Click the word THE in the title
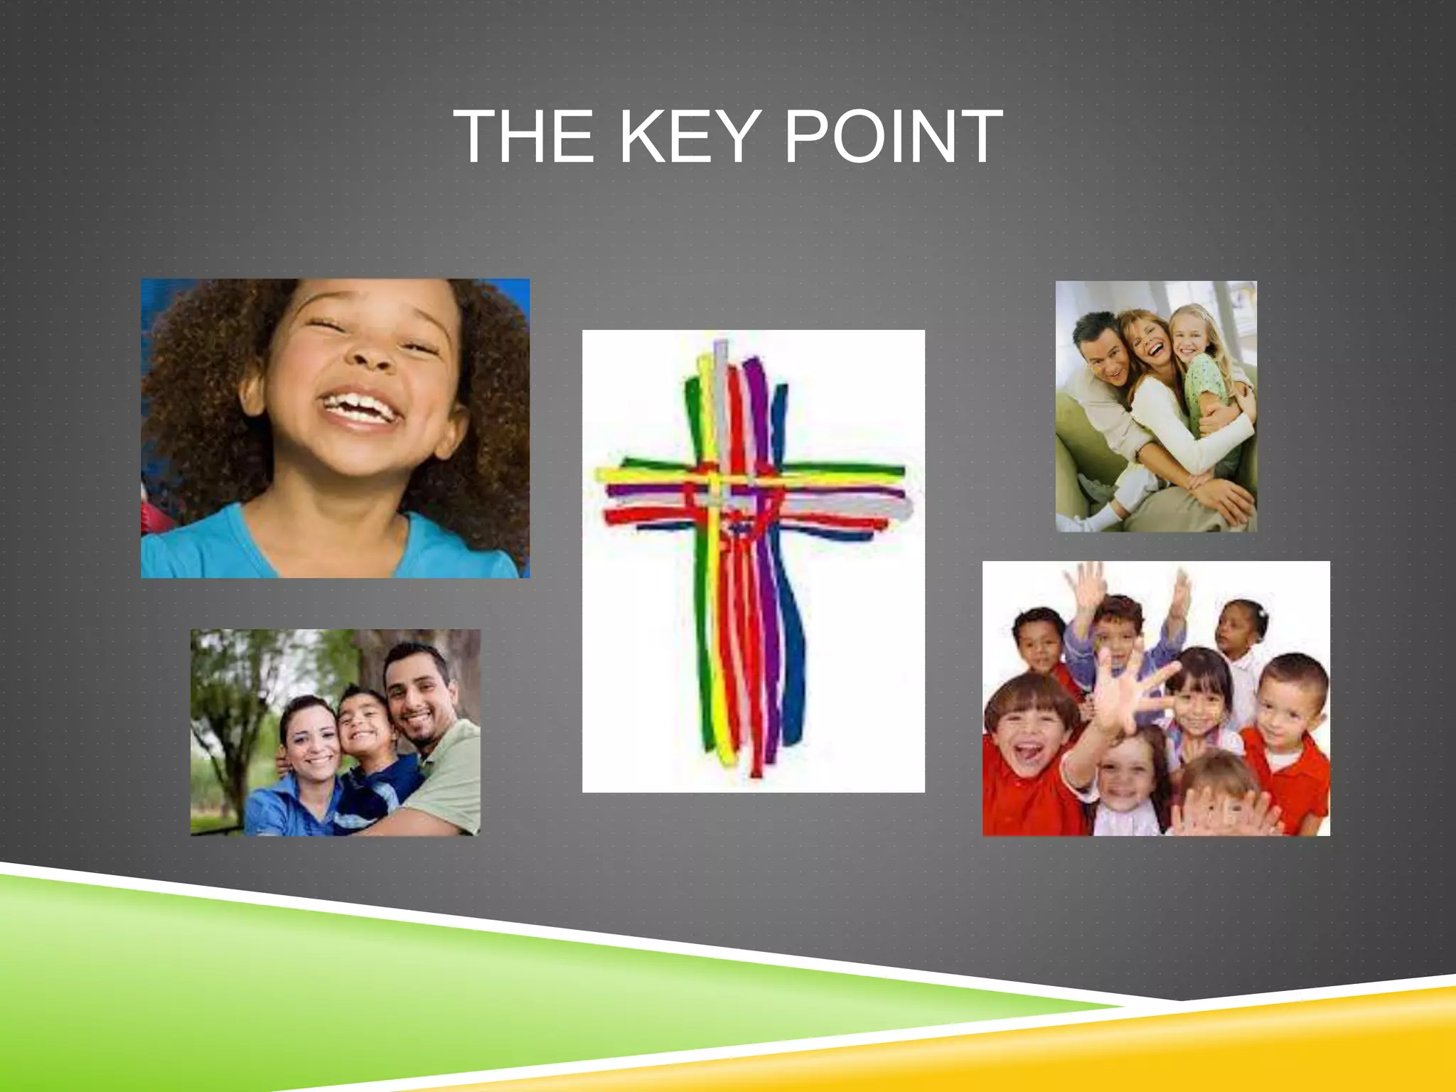click(x=523, y=136)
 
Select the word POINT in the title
click(x=893, y=136)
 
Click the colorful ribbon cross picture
click(x=753, y=561)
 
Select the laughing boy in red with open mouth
click(x=1026, y=736)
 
